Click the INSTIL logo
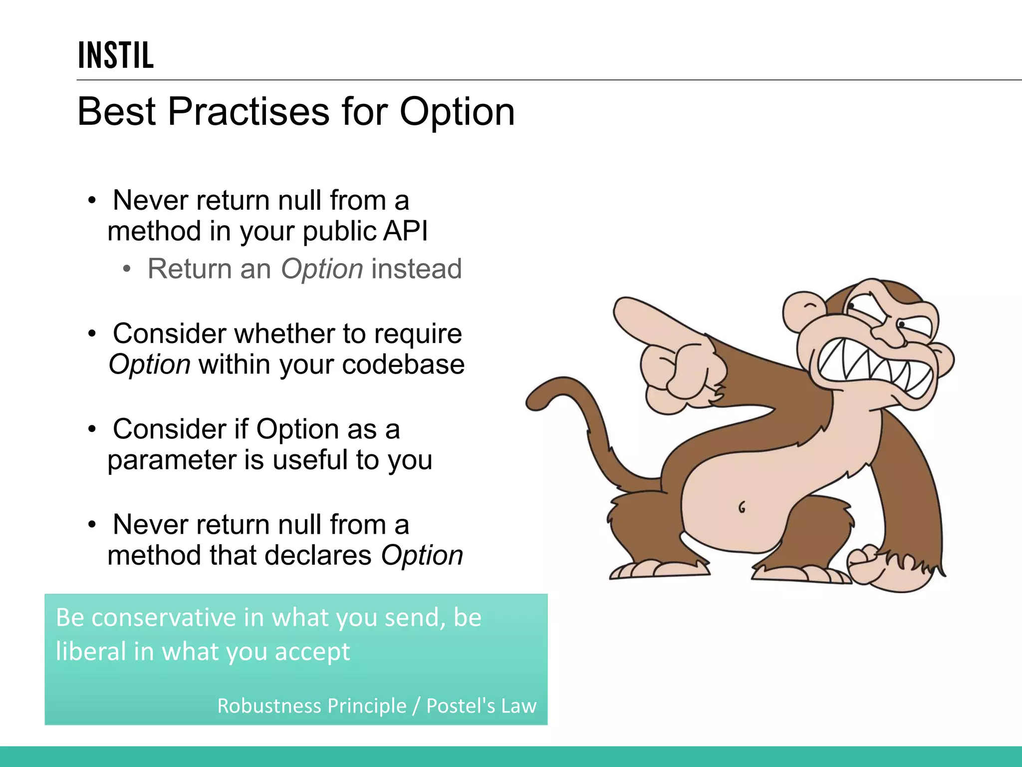tap(116, 55)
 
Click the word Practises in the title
tap(248, 111)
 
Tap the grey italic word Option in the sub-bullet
tap(322, 269)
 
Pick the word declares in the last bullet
tap(318, 555)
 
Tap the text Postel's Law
tap(481, 706)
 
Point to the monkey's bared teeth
tap(873, 367)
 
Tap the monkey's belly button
tap(742, 507)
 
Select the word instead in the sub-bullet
tap(416, 269)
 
